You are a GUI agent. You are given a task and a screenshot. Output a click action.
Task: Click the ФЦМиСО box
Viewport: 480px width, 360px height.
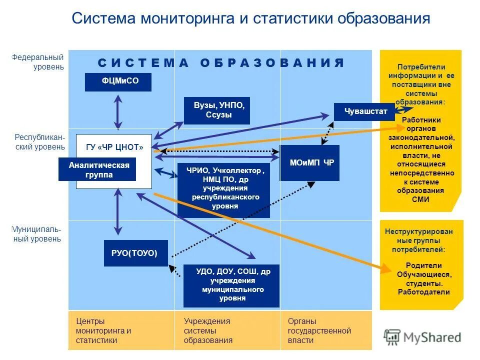(118, 82)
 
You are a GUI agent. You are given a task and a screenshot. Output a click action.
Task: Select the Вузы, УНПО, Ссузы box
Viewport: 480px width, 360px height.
(216, 110)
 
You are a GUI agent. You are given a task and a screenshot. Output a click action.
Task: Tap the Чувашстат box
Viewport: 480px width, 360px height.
(366, 111)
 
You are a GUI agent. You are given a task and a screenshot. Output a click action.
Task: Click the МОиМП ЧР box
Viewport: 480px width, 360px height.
(309, 162)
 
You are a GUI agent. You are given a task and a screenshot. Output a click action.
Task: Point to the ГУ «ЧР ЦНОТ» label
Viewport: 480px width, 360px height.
(114, 147)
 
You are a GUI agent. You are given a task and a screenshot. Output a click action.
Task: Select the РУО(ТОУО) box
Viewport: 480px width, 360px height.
(135, 253)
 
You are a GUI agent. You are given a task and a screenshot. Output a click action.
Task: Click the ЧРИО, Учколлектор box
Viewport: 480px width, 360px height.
(223, 188)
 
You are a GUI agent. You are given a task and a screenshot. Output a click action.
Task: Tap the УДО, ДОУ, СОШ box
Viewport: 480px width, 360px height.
(231, 285)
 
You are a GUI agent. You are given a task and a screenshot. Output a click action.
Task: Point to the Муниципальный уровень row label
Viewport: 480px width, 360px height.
(37, 234)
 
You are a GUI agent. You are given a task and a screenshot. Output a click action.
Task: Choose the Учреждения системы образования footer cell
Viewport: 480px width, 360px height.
(208, 330)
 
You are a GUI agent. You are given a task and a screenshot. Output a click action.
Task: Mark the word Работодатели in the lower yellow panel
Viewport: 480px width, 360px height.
(423, 292)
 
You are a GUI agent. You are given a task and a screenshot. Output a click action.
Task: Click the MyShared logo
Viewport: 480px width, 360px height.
(422, 337)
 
